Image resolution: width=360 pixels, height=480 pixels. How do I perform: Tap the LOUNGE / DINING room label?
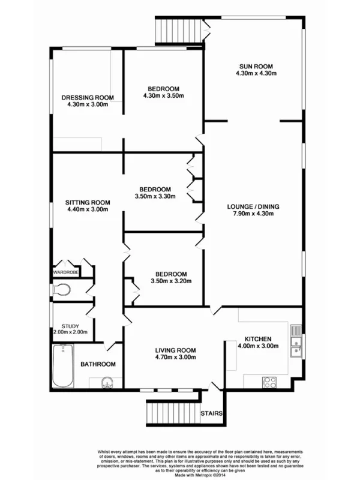point(253,207)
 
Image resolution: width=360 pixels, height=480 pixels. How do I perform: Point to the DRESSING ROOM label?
point(87,97)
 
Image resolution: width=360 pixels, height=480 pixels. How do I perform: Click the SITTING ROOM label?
point(87,202)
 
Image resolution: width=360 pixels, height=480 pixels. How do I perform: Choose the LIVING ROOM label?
point(175,350)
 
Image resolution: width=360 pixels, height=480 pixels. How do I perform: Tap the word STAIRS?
point(212,413)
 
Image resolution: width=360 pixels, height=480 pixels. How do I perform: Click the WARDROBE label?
point(66,272)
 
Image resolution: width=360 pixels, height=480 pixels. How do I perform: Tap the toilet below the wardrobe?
point(61,291)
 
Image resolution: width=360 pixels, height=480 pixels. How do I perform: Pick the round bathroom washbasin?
point(106,382)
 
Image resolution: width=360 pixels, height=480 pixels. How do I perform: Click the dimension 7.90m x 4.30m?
point(253,214)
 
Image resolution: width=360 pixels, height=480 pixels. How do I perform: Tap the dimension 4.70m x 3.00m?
point(175,357)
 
